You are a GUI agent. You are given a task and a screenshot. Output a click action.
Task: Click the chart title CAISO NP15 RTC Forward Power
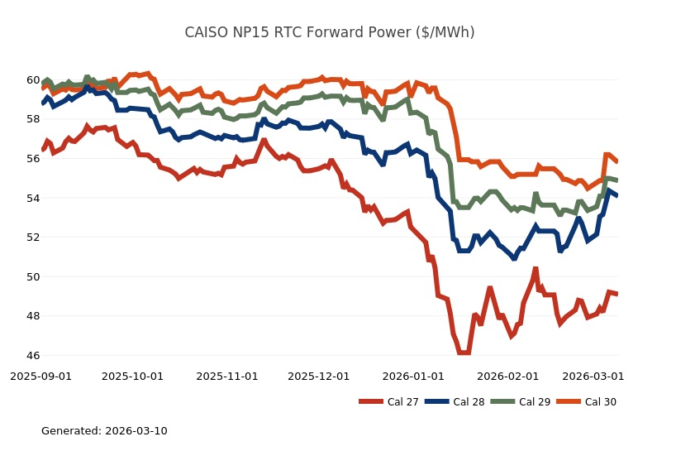coord(329,33)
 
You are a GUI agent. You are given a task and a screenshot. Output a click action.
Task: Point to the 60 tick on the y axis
coord(32,80)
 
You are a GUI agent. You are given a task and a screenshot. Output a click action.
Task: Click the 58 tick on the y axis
coord(32,119)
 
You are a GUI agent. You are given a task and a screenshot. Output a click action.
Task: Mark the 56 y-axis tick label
coord(32,159)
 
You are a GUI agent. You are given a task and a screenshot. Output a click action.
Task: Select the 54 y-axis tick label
coord(32,198)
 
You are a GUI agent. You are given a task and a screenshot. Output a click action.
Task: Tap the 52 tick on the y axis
coord(32,237)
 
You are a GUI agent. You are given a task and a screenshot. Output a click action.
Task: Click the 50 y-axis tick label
coord(32,276)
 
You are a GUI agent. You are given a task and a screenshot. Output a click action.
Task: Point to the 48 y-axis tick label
coord(32,316)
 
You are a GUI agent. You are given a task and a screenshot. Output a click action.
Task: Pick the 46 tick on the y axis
coord(32,356)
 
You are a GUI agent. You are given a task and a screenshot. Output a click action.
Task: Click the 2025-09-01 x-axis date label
coord(40,376)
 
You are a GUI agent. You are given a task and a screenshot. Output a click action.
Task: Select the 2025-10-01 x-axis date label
coord(132,376)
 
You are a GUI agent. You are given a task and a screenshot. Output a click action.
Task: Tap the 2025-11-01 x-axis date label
coord(227,376)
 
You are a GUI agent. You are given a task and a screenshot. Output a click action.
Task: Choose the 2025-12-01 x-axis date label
coord(319,376)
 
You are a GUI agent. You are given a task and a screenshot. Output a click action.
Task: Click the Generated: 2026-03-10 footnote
coord(104,431)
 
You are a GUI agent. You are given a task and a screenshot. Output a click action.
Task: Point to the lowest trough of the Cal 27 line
coord(464,353)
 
